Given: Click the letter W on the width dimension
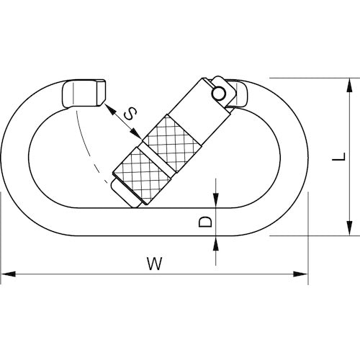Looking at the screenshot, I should pyautogui.click(x=152, y=263).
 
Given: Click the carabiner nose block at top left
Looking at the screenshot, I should pyautogui.click(x=85, y=94).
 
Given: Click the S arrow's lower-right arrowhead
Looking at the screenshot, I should pyautogui.click(x=139, y=137).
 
